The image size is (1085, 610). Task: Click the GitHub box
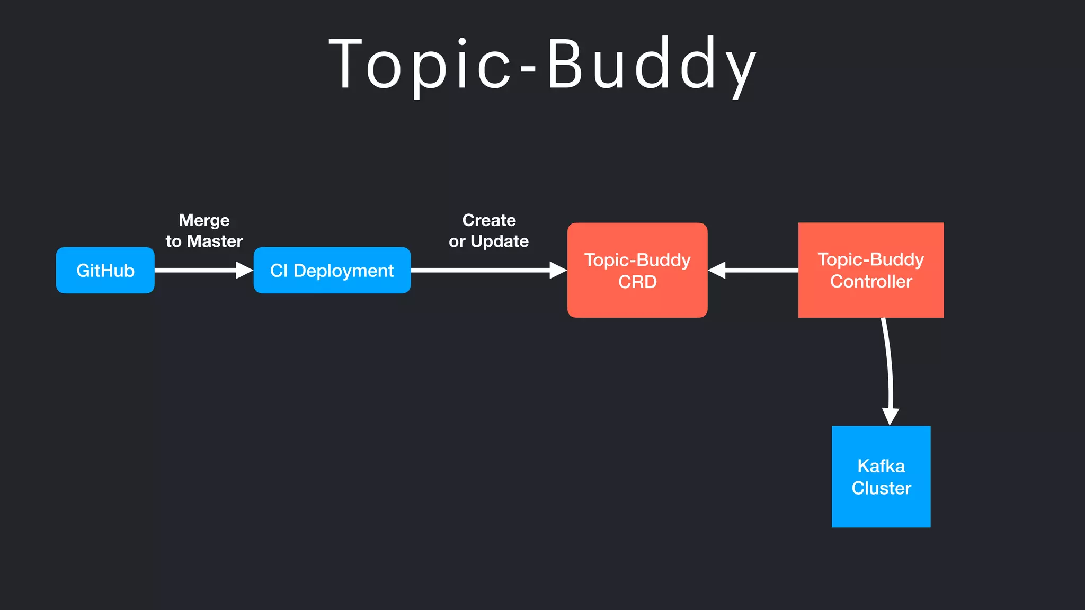tap(105, 270)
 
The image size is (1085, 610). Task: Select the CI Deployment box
tap(332, 270)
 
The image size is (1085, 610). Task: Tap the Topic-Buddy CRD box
tap(637, 270)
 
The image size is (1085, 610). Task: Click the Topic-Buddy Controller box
tap(870, 270)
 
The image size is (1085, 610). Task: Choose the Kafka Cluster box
tap(881, 476)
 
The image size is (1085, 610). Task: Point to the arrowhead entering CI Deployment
tap(245, 270)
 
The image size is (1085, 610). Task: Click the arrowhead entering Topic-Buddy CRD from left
tap(558, 270)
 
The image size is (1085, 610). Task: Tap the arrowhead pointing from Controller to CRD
tap(716, 270)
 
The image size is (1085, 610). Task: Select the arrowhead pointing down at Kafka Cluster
tap(890, 416)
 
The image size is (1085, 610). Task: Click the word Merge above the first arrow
tap(204, 220)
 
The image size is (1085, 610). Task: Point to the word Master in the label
tap(215, 241)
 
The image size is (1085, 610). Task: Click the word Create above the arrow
tap(488, 220)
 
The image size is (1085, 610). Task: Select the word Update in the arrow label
tap(499, 241)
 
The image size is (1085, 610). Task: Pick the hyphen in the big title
tap(528, 69)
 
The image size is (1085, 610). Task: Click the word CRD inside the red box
tap(637, 282)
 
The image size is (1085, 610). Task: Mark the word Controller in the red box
tap(870, 281)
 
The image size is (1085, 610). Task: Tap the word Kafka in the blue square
tap(881, 466)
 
